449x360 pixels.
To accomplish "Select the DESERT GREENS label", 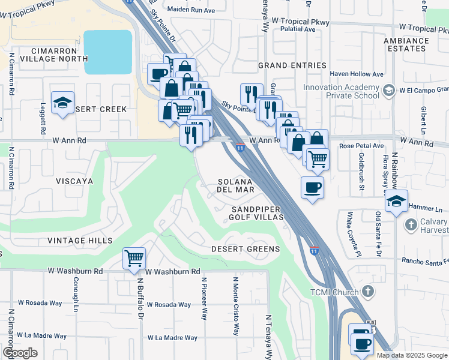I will tap(246, 249).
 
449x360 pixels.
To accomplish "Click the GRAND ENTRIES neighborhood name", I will tap(292, 65).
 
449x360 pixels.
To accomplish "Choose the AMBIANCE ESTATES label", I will tap(408, 45).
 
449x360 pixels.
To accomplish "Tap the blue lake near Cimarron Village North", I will tap(108, 52).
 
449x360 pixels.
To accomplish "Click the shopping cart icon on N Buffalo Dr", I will tap(134, 259).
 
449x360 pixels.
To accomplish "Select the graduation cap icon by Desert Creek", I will tap(62, 103).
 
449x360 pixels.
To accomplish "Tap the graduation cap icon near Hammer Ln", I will tap(397, 201).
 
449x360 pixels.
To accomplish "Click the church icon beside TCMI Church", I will tap(367, 292).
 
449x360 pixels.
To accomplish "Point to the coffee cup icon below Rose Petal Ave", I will tap(312, 188).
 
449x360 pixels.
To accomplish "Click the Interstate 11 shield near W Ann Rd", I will tap(240, 148).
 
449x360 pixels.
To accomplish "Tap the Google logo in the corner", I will tap(20, 353).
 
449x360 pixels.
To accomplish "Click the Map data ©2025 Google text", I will tap(412, 355).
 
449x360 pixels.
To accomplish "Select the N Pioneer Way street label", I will tap(205, 298).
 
